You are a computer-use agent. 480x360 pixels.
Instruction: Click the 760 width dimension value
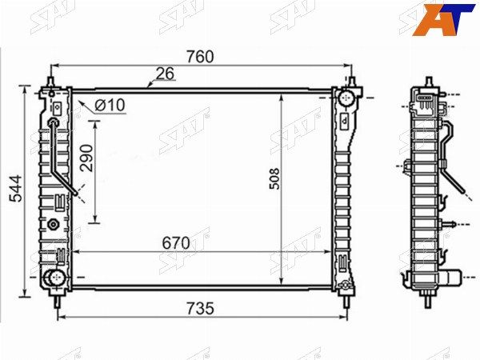200,57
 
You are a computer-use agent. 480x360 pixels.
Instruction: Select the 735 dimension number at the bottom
200,308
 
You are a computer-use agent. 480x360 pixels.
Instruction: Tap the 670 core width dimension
176,243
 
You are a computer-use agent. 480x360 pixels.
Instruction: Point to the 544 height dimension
16,189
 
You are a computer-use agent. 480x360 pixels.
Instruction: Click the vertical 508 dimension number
274,178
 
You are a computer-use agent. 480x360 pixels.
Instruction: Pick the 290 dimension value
86,158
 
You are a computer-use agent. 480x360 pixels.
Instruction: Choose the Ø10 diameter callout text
110,105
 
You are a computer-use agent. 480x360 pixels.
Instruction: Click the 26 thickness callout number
165,74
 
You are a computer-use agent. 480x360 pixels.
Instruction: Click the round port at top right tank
346,97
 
